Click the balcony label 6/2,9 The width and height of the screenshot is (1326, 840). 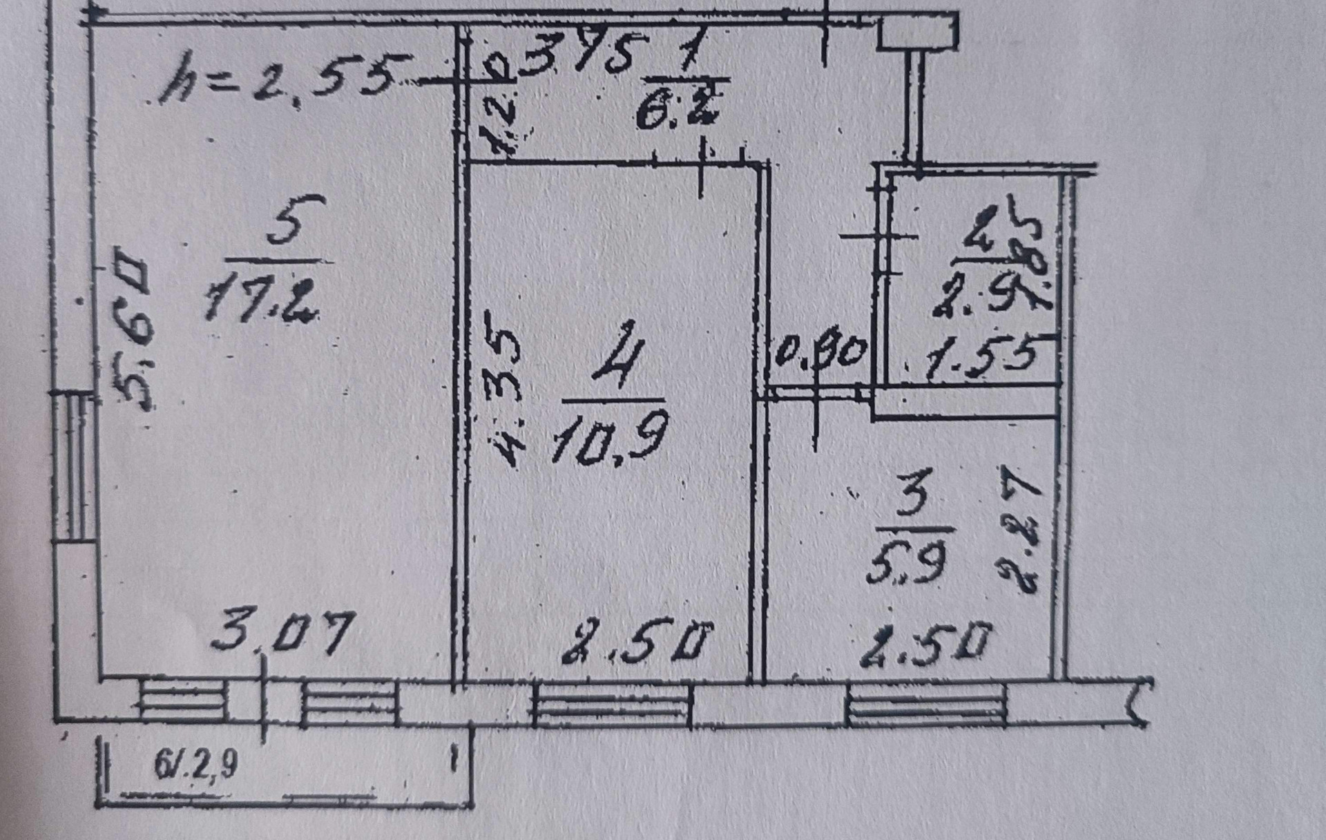point(196,764)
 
